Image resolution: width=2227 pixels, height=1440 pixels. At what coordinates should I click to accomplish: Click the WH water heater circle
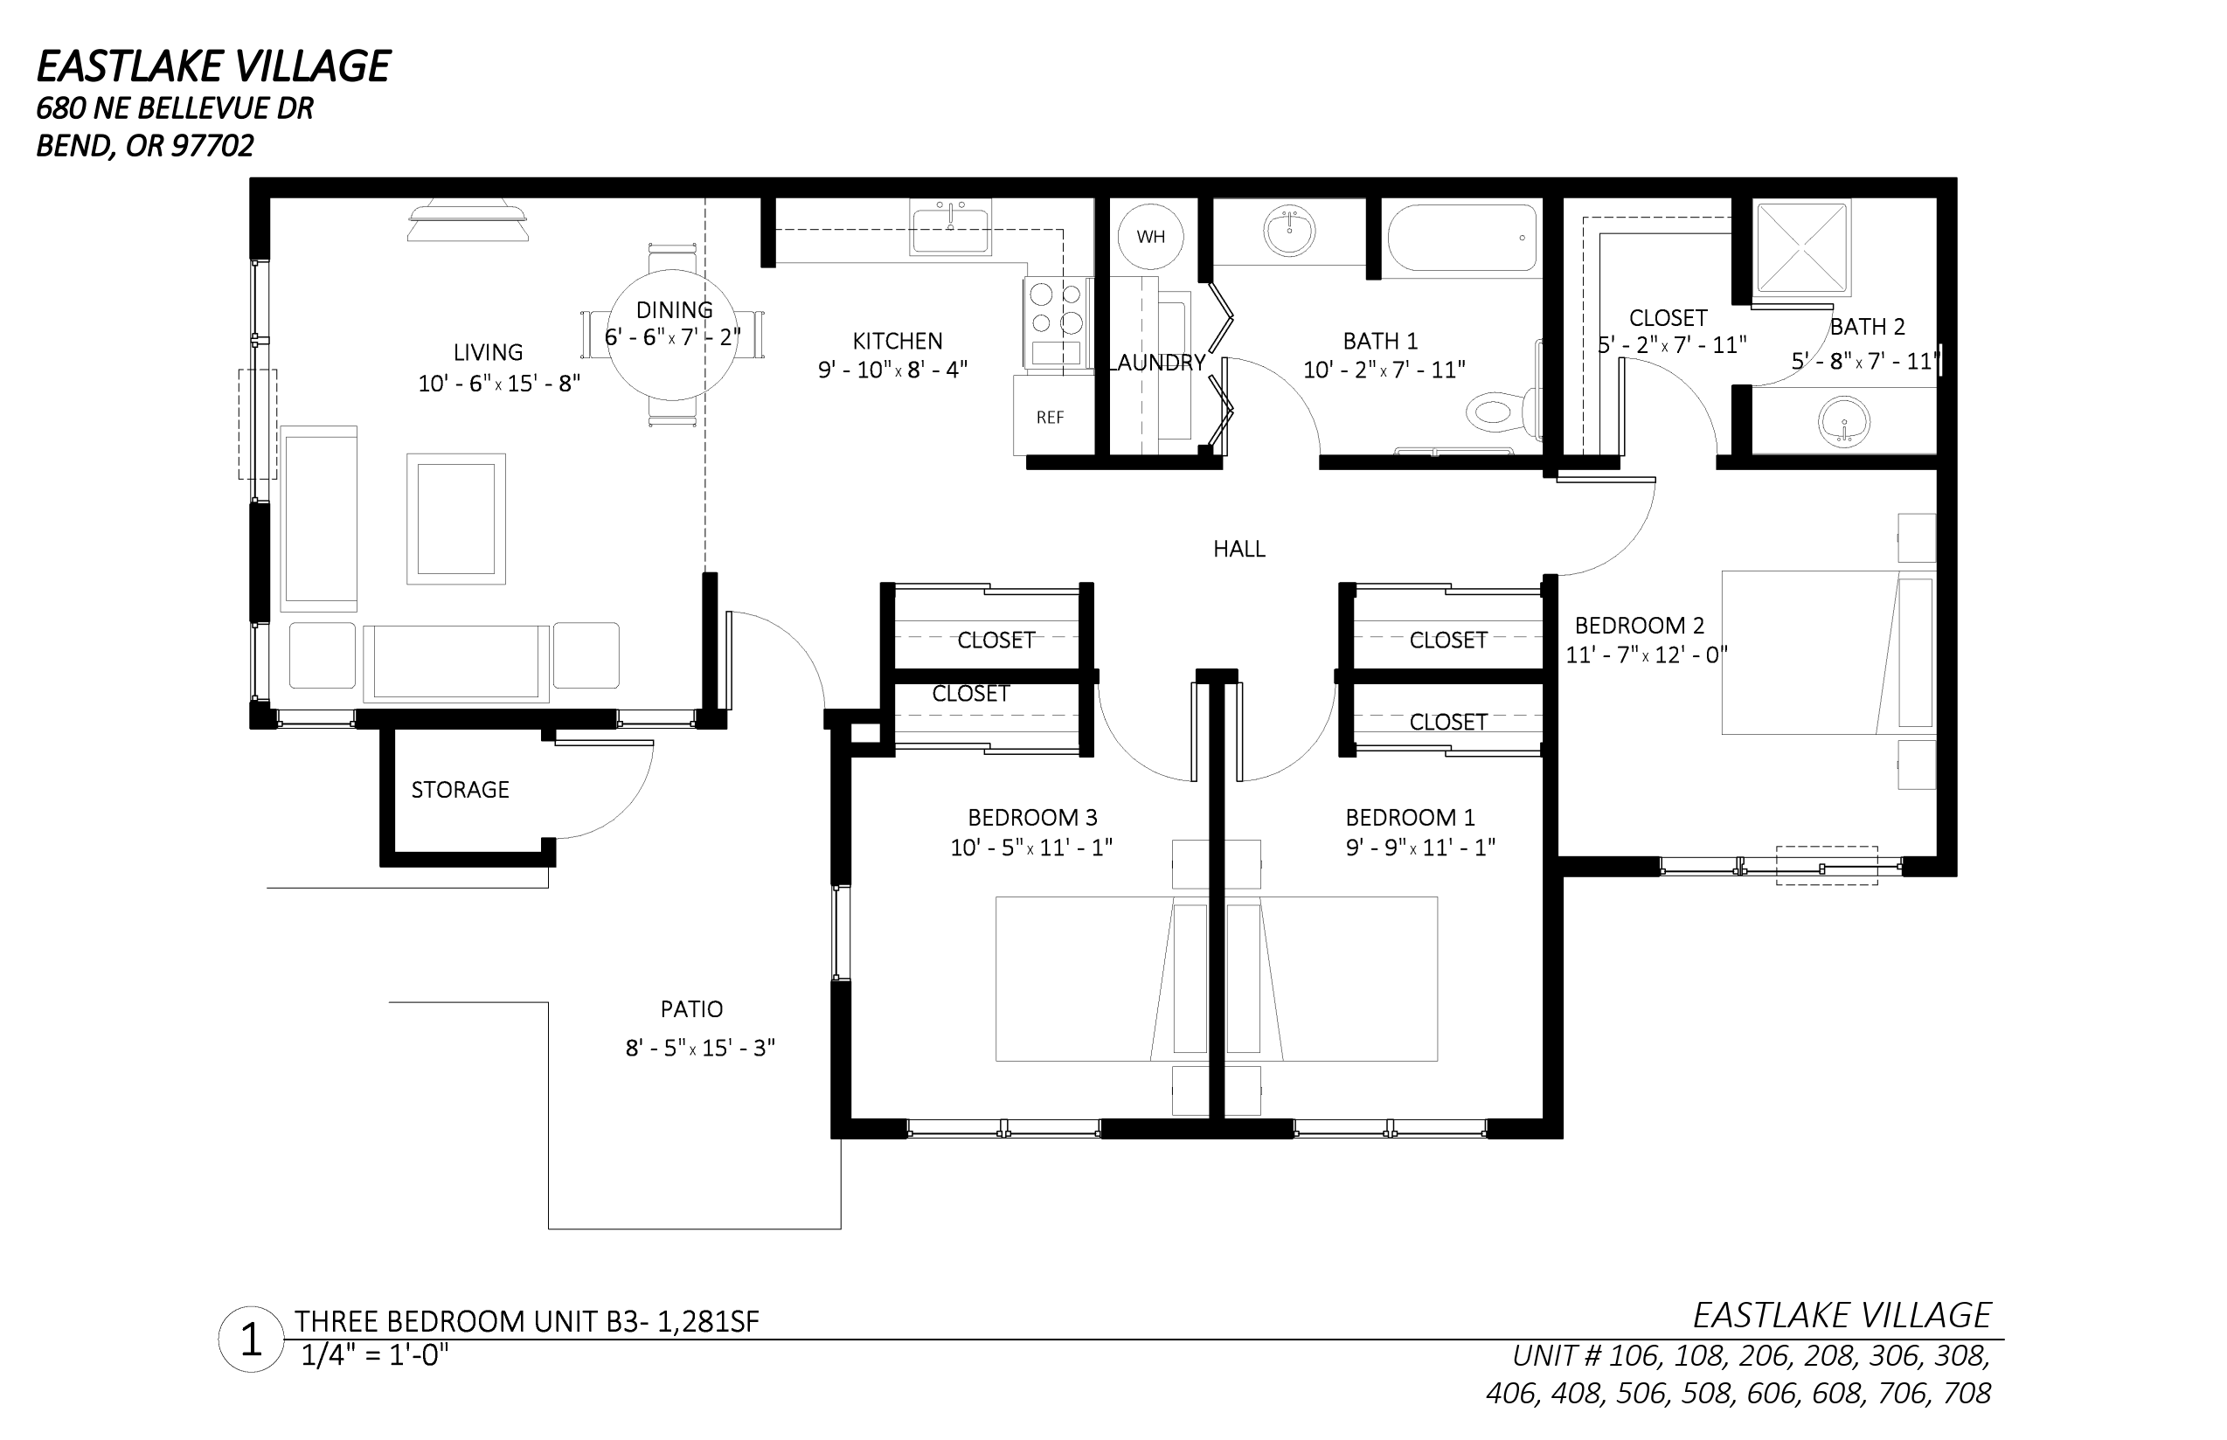click(x=1150, y=237)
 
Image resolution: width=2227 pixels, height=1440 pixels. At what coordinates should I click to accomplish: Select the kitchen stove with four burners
click(x=1058, y=323)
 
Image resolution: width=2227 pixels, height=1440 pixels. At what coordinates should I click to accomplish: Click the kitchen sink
click(x=950, y=227)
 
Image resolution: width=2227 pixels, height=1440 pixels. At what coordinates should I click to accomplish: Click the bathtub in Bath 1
click(x=1464, y=239)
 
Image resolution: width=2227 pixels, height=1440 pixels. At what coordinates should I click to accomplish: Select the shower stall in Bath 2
click(x=1801, y=248)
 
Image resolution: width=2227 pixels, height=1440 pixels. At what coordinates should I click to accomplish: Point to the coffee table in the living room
click(x=455, y=519)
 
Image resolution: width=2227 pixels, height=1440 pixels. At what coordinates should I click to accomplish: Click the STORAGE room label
click(x=461, y=790)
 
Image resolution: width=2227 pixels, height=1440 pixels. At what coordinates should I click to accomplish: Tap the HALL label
click(x=1239, y=549)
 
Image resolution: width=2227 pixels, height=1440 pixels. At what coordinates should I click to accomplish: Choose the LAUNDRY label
click(x=1157, y=363)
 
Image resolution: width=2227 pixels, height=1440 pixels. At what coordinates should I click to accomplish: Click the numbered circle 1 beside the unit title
click(x=251, y=1339)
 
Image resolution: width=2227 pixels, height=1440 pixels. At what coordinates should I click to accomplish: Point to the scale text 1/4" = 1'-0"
click(x=375, y=1355)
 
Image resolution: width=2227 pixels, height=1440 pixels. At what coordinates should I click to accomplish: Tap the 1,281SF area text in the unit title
click(x=708, y=1321)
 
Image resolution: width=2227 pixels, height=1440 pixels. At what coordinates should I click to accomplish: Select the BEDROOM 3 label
click(x=1032, y=818)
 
